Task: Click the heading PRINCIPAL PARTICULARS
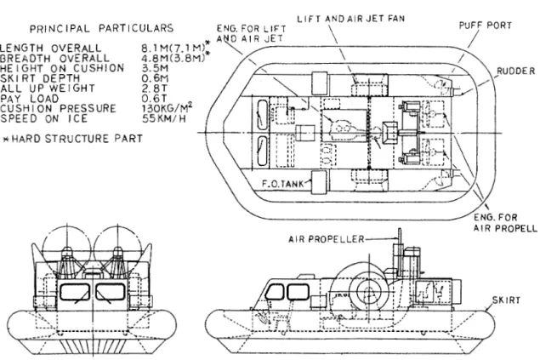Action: [x=101, y=28]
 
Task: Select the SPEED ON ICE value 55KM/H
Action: [x=164, y=118]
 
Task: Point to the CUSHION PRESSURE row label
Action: [x=58, y=109]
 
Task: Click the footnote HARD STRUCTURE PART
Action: [x=77, y=139]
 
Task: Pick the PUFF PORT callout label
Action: [x=486, y=26]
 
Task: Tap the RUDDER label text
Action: [x=515, y=71]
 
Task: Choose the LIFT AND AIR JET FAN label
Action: [x=351, y=19]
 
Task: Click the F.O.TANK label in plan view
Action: [x=283, y=184]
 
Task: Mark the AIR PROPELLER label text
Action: [x=327, y=239]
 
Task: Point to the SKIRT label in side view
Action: [x=506, y=300]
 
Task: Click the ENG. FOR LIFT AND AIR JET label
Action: [x=251, y=33]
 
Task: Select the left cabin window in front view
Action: [x=75, y=292]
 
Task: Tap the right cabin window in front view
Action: [x=111, y=292]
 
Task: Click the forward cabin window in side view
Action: [x=275, y=292]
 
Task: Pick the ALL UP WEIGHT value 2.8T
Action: [x=155, y=89]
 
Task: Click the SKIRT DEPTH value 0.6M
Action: [x=155, y=78]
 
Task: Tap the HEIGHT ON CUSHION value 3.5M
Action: [x=155, y=68]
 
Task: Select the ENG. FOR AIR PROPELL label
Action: [x=504, y=223]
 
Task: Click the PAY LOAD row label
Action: [x=30, y=99]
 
